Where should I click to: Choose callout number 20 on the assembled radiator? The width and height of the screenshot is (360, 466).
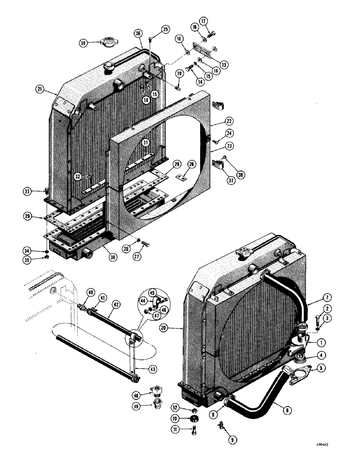(x=175, y=328)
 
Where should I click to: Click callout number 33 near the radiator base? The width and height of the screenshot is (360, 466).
(x=28, y=191)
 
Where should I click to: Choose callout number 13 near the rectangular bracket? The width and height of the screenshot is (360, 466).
(x=225, y=64)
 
